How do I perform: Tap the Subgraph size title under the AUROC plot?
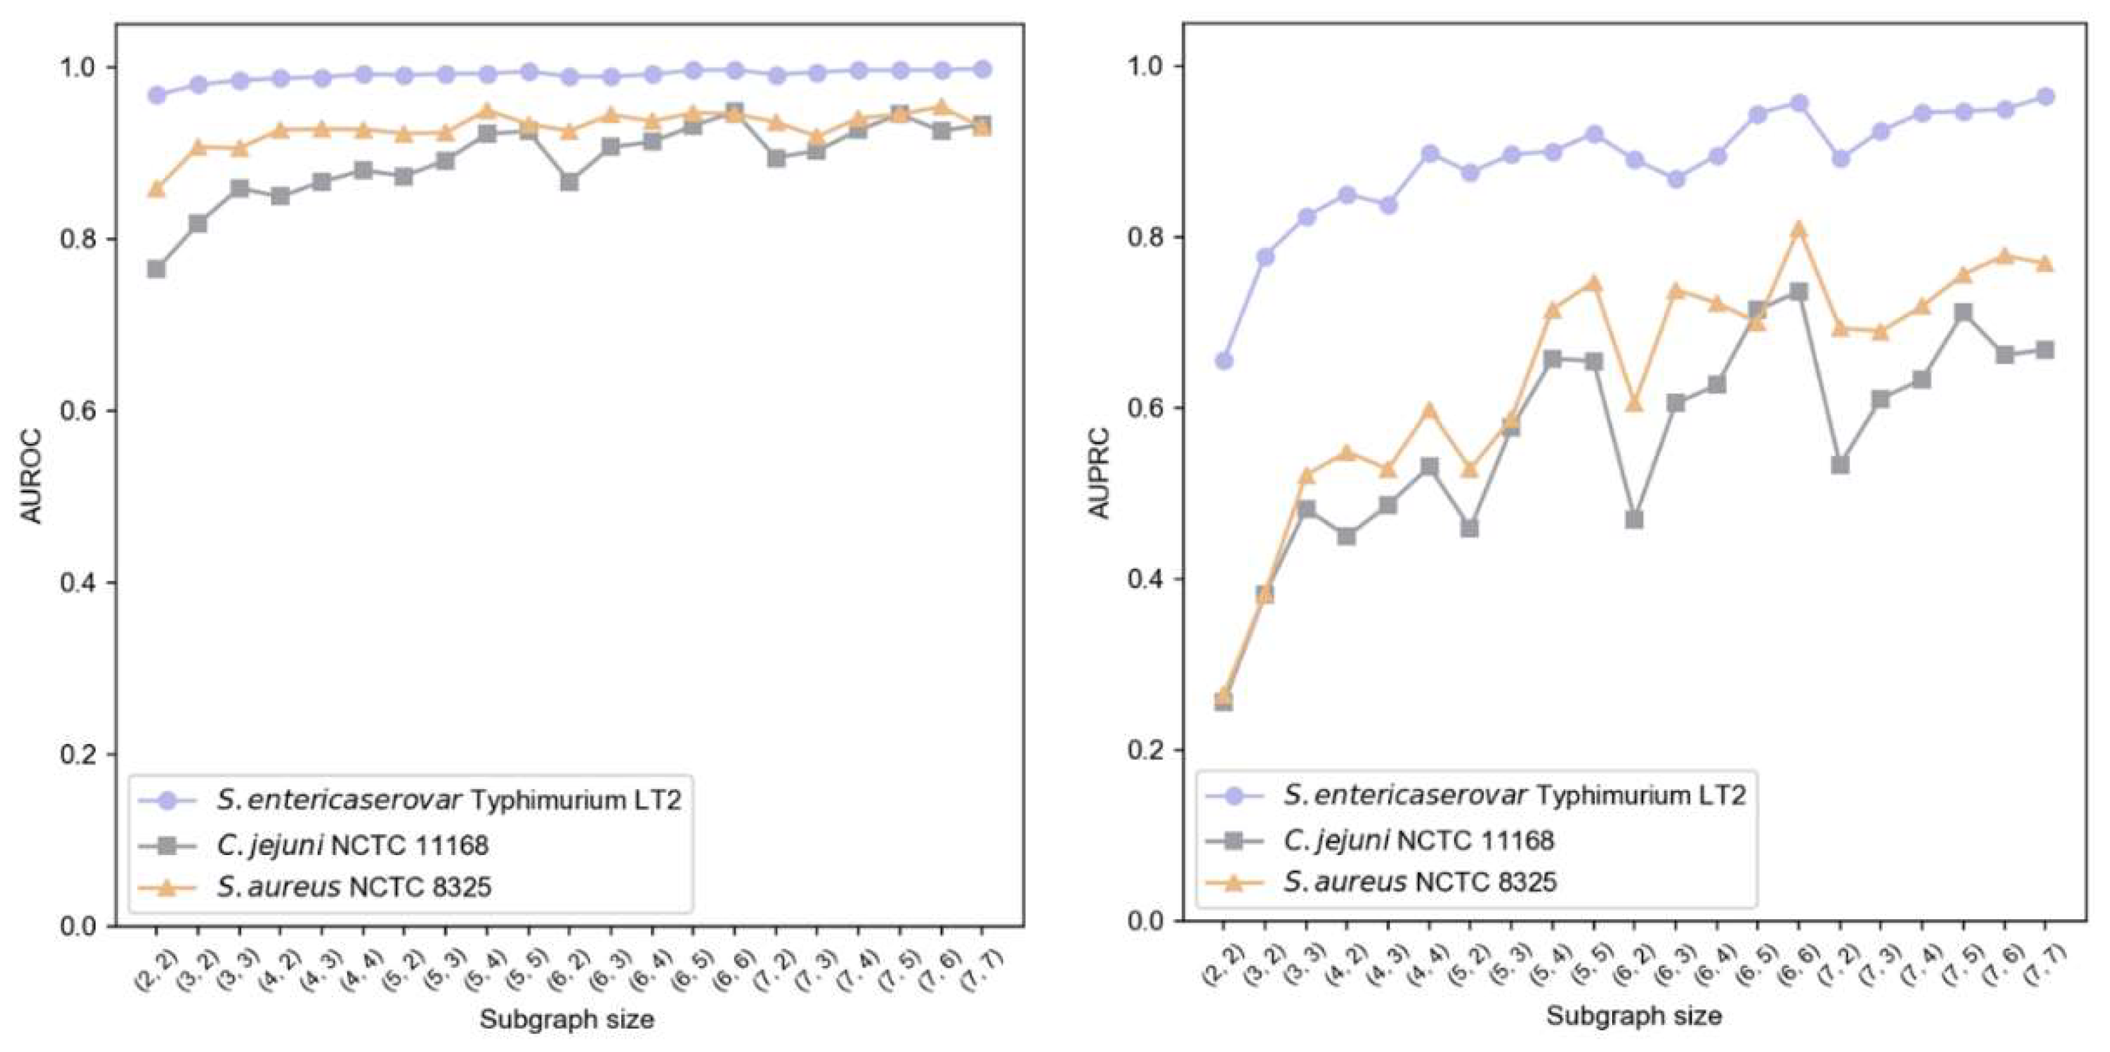point(567,1019)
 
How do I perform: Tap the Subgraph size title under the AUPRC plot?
point(1633,1016)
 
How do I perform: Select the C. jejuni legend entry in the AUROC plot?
point(352,844)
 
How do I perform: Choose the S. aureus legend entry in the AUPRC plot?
point(1420,882)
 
